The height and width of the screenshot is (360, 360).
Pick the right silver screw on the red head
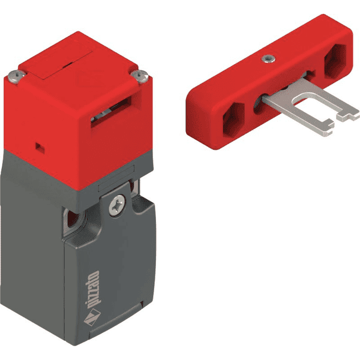(x=141, y=76)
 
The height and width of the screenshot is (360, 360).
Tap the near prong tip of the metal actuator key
(x=326, y=124)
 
